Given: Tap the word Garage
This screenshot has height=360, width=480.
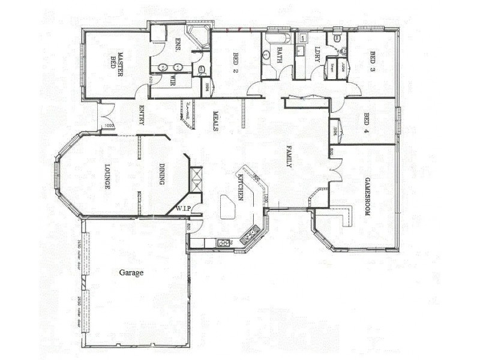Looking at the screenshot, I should click(131, 272).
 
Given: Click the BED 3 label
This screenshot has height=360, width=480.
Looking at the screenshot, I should click(372, 61).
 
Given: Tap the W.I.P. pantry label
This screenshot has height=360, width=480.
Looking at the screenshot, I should click(183, 209).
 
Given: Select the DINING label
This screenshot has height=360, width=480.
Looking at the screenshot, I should click(162, 174).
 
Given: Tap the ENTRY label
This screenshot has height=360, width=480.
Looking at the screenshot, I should click(142, 115).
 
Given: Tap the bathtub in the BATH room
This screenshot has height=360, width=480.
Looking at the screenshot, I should click(277, 38).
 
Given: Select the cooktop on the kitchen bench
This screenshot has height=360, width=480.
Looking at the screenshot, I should click(223, 243).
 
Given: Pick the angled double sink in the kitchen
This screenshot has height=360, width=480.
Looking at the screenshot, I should click(250, 234).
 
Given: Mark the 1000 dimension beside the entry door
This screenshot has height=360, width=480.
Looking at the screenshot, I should click(108, 126).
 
